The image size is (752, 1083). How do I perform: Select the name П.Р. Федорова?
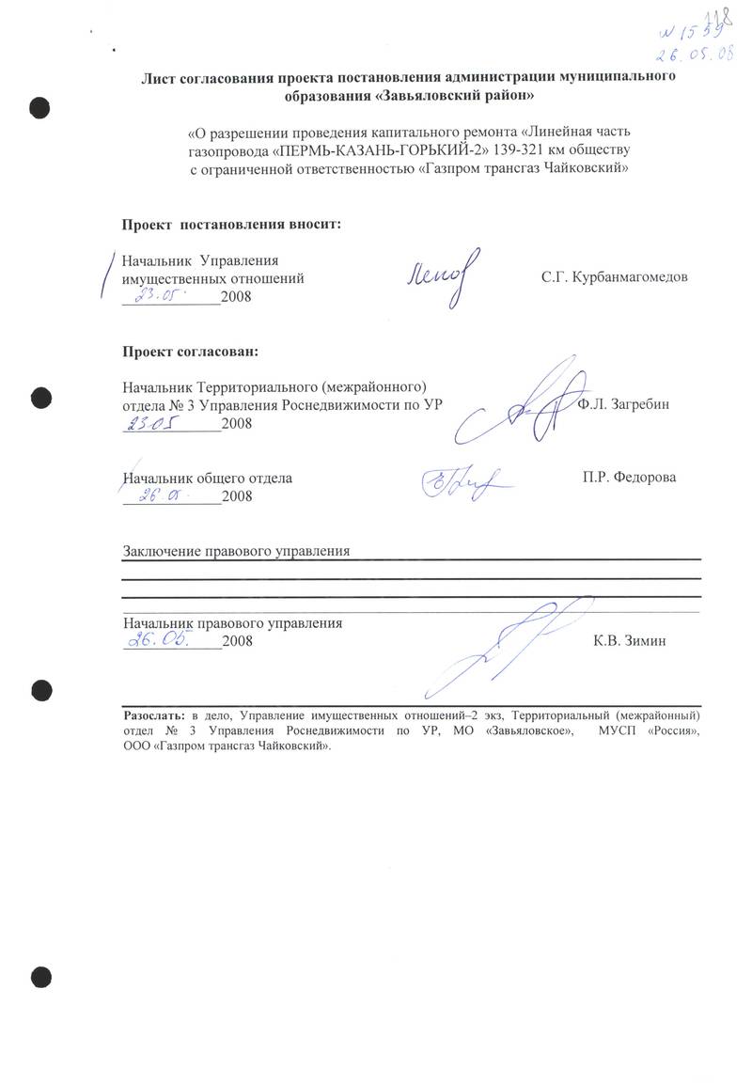629,478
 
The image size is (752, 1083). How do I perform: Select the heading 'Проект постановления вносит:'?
231,225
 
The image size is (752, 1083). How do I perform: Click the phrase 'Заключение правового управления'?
236,552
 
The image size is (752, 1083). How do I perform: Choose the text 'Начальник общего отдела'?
208,478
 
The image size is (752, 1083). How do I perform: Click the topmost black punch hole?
41,107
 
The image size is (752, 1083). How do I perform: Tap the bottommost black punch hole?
41,978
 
